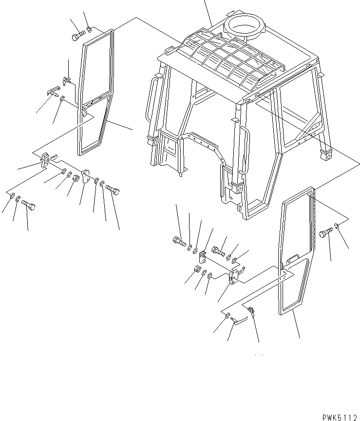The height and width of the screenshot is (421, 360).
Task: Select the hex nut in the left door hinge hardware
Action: point(76,179)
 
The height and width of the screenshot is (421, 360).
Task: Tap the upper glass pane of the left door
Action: point(95,68)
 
